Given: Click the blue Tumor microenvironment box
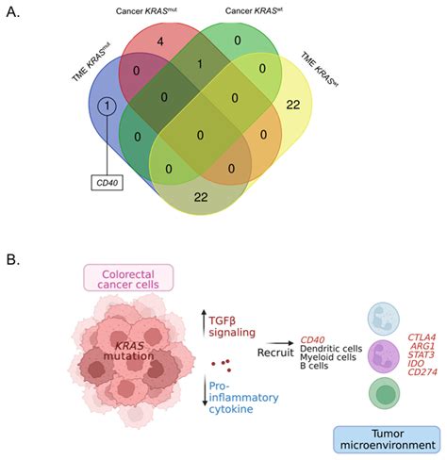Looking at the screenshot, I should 388,436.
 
